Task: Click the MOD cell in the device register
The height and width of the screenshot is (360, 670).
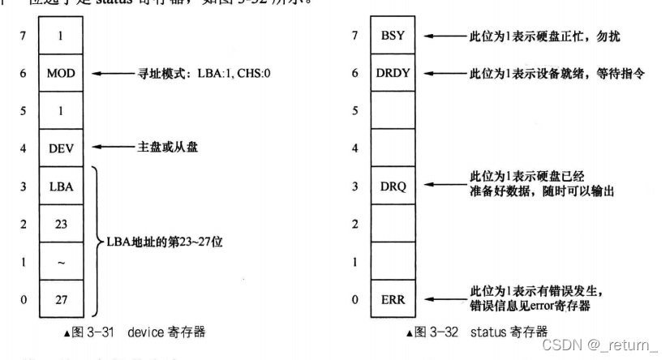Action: pos(61,74)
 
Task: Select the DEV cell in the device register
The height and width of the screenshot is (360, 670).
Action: pos(61,148)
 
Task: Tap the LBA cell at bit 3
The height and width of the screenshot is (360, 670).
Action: pos(61,186)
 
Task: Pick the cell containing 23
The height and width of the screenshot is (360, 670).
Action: pos(61,223)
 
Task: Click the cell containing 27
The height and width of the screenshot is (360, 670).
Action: pos(61,299)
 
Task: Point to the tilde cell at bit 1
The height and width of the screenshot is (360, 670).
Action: pos(61,261)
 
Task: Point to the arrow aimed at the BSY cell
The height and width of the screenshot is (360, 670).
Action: pos(445,36)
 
